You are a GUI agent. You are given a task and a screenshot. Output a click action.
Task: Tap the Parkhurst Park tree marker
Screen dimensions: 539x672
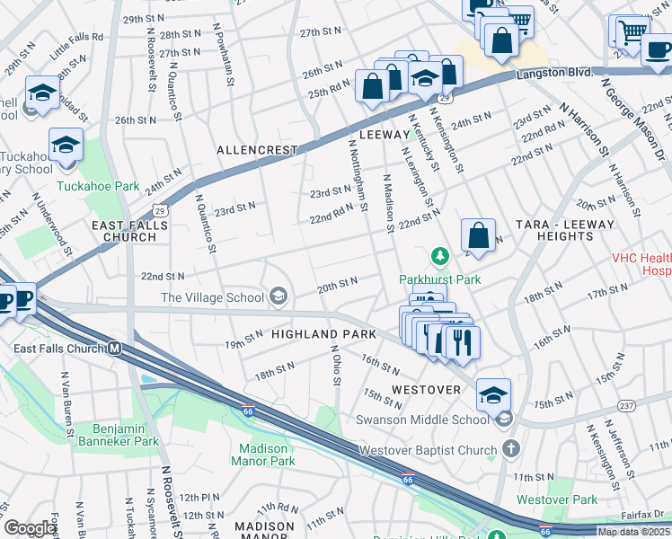tap(440, 258)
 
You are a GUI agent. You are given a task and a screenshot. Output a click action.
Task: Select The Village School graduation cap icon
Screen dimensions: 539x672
tap(279, 297)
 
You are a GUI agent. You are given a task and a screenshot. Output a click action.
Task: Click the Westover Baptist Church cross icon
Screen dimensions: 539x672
tap(510, 449)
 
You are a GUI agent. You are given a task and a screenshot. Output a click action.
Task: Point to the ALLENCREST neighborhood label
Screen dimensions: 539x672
tap(256, 150)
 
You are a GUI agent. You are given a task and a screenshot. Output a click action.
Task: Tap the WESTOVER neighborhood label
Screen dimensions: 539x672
tap(426, 391)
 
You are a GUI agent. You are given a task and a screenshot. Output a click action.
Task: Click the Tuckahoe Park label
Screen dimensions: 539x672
tap(98, 187)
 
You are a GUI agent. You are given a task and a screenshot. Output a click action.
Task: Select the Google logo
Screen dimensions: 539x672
tap(31, 528)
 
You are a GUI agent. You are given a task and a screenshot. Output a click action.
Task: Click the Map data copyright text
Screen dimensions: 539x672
tap(633, 532)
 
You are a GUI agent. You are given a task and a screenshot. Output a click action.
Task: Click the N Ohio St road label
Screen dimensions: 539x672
tap(335, 365)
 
